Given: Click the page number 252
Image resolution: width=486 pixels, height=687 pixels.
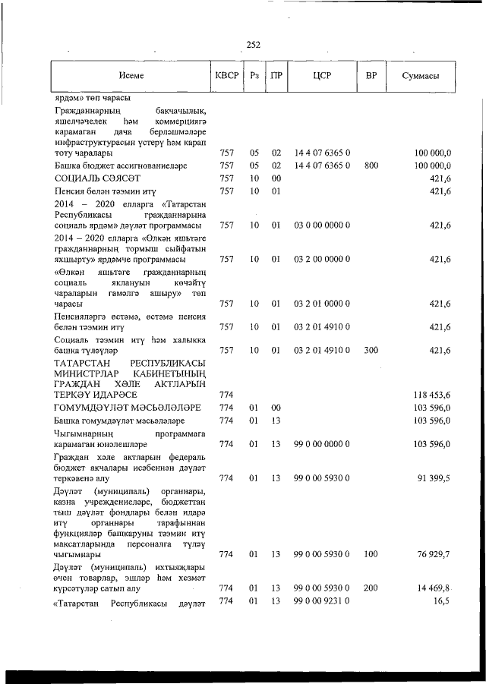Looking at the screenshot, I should (x=254, y=45).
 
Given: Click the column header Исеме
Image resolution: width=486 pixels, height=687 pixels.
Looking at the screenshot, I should (x=131, y=76).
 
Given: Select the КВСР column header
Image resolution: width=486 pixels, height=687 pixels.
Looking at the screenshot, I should (x=226, y=76).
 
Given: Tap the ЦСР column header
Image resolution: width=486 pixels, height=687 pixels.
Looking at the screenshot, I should (x=321, y=76).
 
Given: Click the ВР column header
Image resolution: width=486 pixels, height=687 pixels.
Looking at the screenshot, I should (x=371, y=76).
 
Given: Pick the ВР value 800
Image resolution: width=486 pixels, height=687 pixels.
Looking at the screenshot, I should (x=371, y=165).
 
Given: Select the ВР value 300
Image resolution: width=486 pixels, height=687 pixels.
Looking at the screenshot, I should (x=371, y=350).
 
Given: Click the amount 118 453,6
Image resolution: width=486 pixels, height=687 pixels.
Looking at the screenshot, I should (x=432, y=395).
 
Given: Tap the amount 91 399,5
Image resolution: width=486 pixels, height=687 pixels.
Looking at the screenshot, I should (x=434, y=478).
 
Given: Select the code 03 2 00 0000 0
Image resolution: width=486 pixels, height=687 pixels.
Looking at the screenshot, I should (x=321, y=259).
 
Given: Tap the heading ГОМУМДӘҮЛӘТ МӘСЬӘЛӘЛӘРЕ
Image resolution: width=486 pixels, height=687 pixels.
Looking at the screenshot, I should (x=116, y=408).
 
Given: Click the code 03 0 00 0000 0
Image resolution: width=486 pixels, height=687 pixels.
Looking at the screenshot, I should (x=321, y=225).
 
